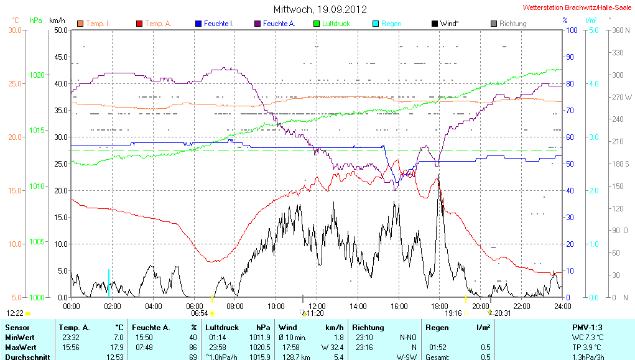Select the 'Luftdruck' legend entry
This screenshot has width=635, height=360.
click(x=336, y=24)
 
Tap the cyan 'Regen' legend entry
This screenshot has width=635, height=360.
click(x=391, y=24)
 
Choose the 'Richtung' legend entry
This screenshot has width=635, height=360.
click(x=512, y=24)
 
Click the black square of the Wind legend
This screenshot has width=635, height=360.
click(x=434, y=24)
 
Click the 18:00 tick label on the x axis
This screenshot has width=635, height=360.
click(x=440, y=306)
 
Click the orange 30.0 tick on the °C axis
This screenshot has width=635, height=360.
click(x=15, y=30)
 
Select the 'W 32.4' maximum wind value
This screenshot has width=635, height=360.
click(x=332, y=347)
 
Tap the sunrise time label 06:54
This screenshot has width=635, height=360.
click(x=199, y=314)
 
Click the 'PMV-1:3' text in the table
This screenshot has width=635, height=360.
click(x=588, y=327)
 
